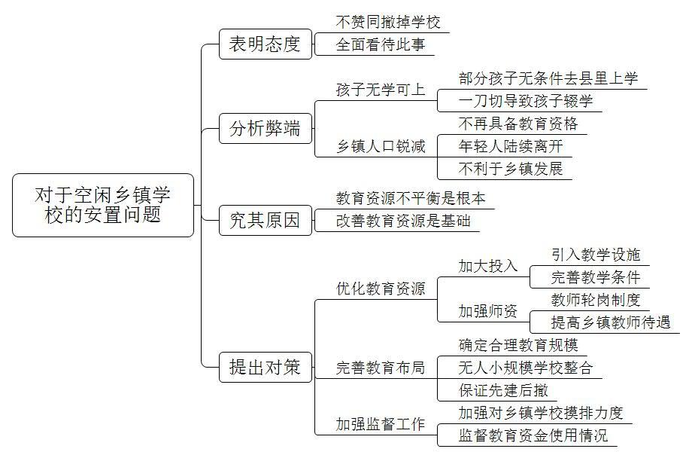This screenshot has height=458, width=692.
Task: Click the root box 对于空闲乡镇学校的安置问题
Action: [x=103, y=205]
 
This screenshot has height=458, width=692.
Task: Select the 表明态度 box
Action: [x=266, y=44]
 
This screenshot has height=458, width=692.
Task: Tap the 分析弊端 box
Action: [x=266, y=129]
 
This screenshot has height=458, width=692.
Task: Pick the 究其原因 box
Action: [x=266, y=220]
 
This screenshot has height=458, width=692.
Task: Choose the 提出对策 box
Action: [x=266, y=367]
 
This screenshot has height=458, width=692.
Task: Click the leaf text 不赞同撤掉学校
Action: [x=388, y=22]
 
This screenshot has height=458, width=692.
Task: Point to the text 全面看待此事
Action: [x=381, y=44]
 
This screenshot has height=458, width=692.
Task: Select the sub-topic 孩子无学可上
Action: [x=381, y=90]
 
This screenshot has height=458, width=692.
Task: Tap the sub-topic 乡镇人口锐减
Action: [x=381, y=146]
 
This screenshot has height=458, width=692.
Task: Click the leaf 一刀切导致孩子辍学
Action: [x=526, y=101]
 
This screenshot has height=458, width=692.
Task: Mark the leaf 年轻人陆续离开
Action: [x=511, y=146]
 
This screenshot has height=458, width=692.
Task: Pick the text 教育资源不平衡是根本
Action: [x=411, y=198]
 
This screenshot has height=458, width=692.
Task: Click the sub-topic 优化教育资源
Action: [x=381, y=289]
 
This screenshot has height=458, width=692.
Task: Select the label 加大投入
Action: [x=487, y=266]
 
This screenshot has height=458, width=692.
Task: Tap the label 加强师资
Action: [x=487, y=311]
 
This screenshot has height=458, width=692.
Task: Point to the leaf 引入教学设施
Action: [x=596, y=255]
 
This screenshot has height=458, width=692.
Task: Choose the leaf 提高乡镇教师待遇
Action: [x=610, y=322]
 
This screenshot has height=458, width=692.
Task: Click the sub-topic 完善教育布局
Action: [x=381, y=368]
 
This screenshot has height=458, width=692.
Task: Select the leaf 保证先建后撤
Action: [x=503, y=390]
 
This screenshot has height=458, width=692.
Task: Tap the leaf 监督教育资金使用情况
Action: [x=533, y=435]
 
